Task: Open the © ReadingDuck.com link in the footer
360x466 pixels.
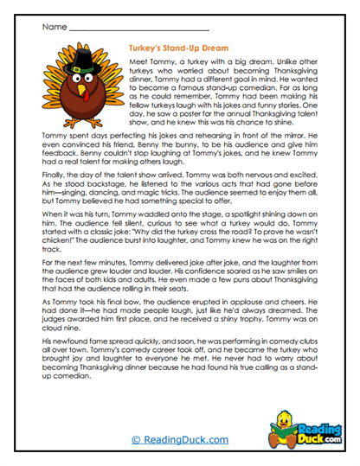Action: click(x=180, y=440)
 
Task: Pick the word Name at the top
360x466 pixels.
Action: click(x=54, y=27)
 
